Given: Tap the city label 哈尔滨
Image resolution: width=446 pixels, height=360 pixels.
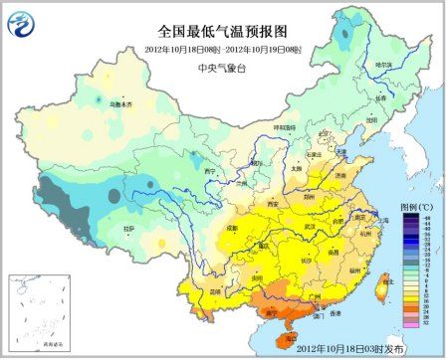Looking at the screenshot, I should coord(383,66).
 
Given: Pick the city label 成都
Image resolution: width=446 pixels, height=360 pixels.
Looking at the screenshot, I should coord(230,229).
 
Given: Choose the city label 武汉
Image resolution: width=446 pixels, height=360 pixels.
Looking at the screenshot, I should coord(310,226).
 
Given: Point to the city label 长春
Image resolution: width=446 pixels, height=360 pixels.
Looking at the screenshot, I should coord(379,97).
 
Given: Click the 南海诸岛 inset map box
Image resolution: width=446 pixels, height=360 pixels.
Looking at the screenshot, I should coord(35,313).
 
